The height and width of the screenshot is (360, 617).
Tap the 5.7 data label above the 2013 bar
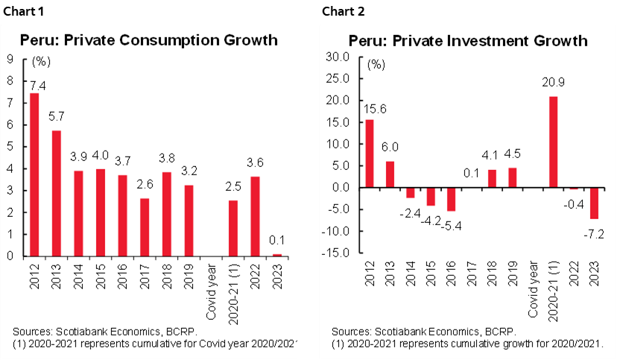pyautogui.click(x=57, y=117)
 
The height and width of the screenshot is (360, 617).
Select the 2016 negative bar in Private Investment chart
pyautogui.click(x=449, y=199)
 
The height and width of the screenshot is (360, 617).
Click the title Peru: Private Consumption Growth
pyautogui.click(x=148, y=40)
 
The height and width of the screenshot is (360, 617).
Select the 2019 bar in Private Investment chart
pyautogui.click(x=512, y=177)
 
